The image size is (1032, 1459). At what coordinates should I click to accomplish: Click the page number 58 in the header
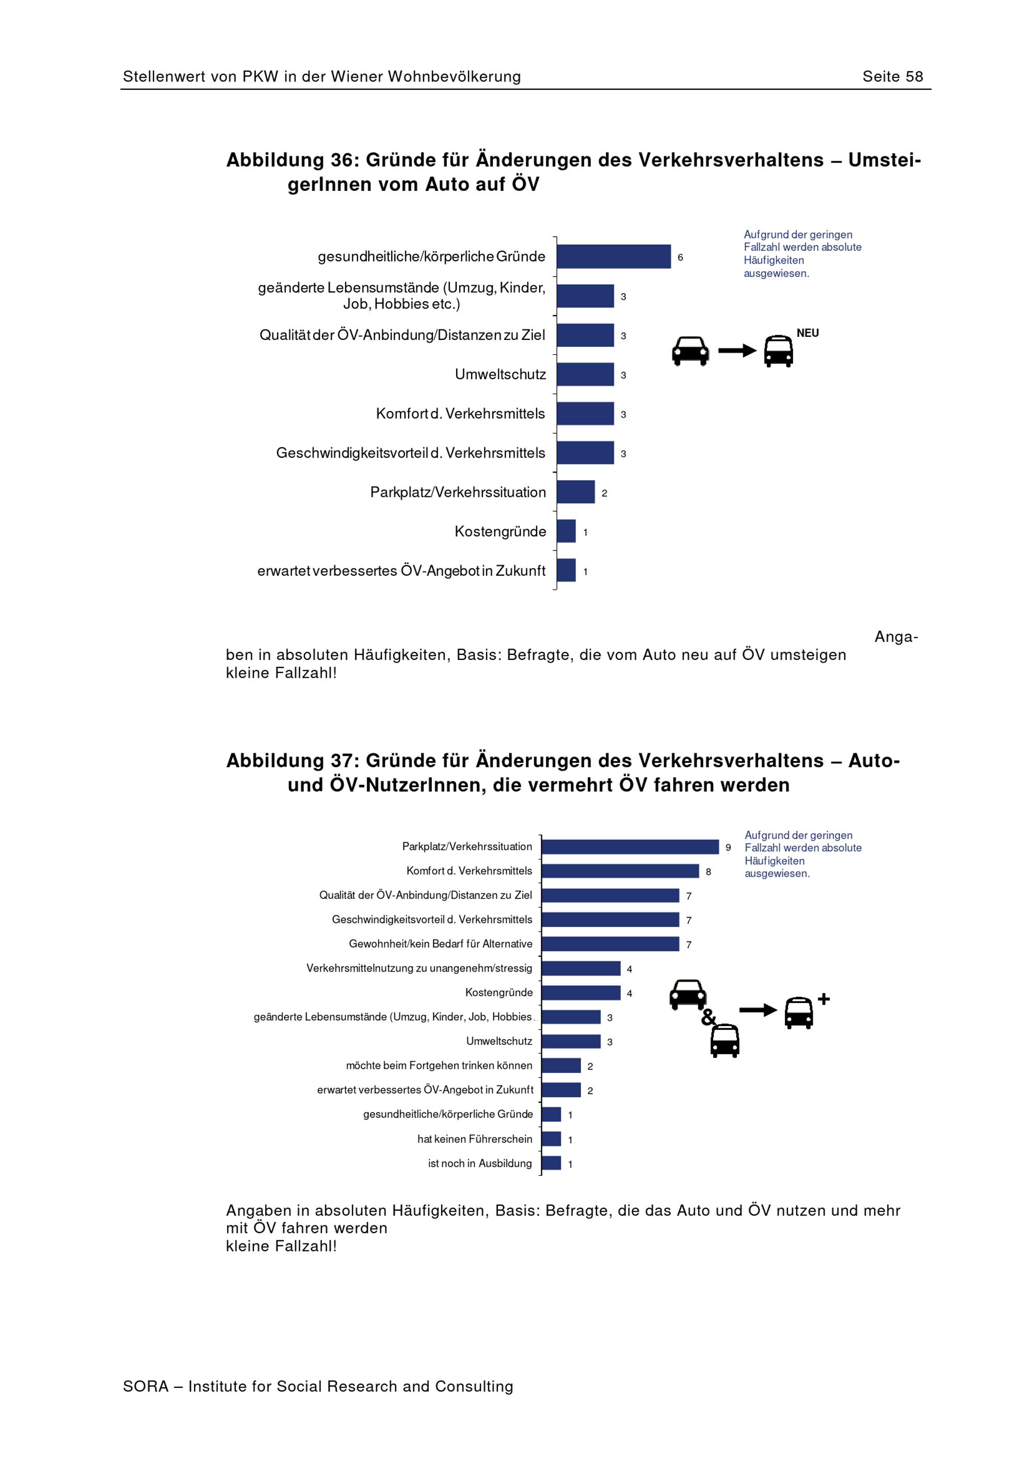pyautogui.click(x=914, y=77)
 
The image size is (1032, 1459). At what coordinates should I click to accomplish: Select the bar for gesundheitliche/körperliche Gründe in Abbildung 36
pyautogui.click(x=614, y=257)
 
